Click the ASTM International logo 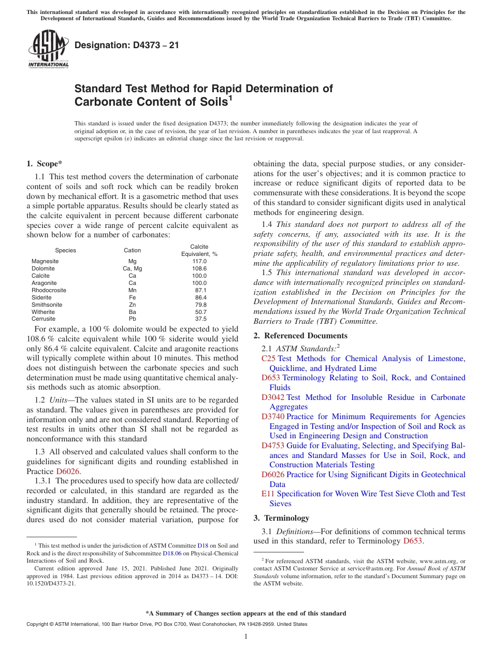click(48, 49)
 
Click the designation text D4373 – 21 click(127, 46)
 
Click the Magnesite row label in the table click(45, 261)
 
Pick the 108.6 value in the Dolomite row click(199, 268)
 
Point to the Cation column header click(132, 250)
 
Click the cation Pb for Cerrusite click(132, 319)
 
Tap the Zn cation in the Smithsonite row click(132, 305)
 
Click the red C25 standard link click(268, 359)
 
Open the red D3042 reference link click(273, 397)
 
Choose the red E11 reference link click(268, 494)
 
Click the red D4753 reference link click(273, 446)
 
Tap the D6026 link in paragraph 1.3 click(67, 471)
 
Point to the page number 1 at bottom click(246, 637)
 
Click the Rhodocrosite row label click(49, 290)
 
